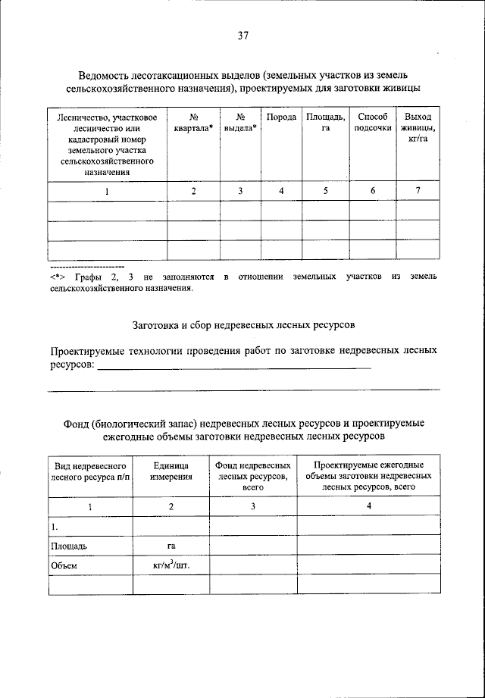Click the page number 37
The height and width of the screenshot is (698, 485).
[242, 36]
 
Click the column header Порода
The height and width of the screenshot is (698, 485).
[281, 117]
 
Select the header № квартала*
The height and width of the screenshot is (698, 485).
[194, 123]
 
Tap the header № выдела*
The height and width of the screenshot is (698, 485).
[239, 123]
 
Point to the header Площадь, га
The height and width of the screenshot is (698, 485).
[326, 123]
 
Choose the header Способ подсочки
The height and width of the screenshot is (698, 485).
[373, 123]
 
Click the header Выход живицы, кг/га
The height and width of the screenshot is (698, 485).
[418, 128]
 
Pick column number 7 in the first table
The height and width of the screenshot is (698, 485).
[418, 191]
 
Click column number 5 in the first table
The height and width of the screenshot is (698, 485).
[326, 191]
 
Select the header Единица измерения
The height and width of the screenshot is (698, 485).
[171, 471]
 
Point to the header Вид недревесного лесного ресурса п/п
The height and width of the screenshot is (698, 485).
[90, 471]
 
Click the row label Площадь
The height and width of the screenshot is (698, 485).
[69, 545]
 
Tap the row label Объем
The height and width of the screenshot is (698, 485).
[64, 565]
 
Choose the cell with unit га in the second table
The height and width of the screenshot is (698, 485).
[171, 545]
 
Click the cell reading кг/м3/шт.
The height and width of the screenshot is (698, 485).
[171, 565]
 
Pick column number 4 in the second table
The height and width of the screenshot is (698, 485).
[369, 507]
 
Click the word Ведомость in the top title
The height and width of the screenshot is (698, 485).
[106, 75]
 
